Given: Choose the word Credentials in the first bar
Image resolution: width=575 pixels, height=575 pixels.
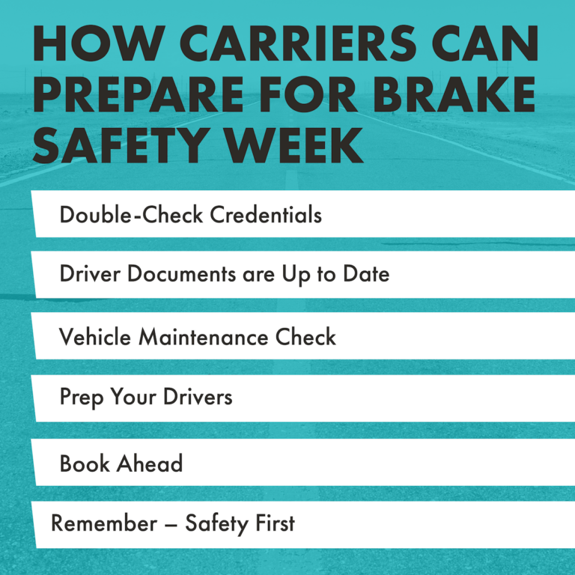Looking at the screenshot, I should coord(266,215).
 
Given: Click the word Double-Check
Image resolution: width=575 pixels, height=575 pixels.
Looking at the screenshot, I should coord(132,215).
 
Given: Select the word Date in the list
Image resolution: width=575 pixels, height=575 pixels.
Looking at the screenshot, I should coord(366,274).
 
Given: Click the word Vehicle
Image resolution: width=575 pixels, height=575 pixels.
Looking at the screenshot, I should coord(95,337).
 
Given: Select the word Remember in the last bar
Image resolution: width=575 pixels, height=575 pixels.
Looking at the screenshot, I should coord(101,523).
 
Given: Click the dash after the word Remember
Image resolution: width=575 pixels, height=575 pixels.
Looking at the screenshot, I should coord(170,524).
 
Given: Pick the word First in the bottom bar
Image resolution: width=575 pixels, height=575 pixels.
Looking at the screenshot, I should coord(273,523).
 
